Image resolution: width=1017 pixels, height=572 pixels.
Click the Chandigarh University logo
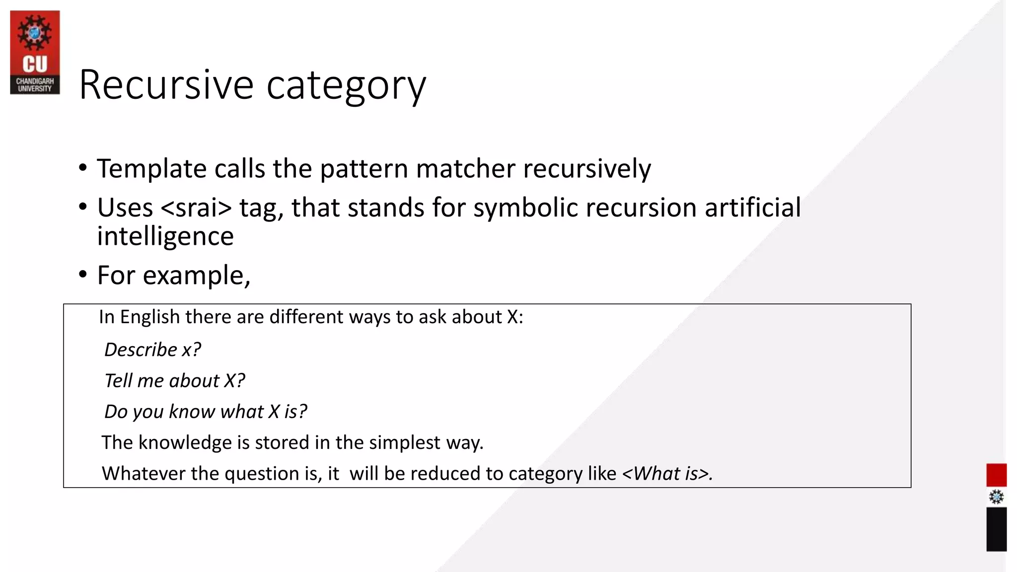(x=35, y=52)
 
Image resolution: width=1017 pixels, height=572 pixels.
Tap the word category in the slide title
(x=346, y=85)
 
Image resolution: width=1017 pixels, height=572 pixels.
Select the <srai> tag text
(x=196, y=208)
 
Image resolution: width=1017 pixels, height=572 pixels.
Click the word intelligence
(x=165, y=236)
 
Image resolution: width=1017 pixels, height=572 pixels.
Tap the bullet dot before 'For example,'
(x=83, y=274)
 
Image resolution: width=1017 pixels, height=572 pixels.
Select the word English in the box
(x=149, y=317)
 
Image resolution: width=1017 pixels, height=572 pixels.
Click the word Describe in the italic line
(x=141, y=350)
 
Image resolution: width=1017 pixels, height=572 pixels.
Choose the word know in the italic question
(x=191, y=412)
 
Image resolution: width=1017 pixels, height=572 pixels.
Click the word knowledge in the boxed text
(x=185, y=442)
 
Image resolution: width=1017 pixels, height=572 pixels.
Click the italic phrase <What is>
(x=667, y=474)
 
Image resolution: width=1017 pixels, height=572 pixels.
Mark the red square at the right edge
(x=996, y=475)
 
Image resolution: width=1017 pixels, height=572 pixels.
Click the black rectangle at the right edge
(x=996, y=529)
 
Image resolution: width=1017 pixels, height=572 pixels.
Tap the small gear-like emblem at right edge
(x=996, y=497)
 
